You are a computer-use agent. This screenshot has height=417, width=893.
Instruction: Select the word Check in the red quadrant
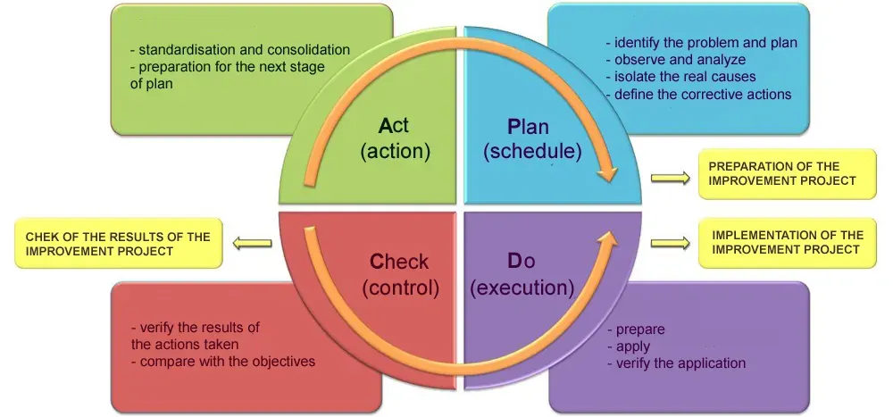[399, 262]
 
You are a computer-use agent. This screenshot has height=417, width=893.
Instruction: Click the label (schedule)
[532, 152]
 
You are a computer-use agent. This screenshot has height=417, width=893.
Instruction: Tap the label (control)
[401, 288]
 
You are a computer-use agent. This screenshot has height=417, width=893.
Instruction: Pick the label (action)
[396, 152]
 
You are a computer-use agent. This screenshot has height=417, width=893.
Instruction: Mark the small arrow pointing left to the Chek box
[253, 241]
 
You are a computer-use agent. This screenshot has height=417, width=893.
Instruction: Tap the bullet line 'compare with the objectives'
[222, 362]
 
